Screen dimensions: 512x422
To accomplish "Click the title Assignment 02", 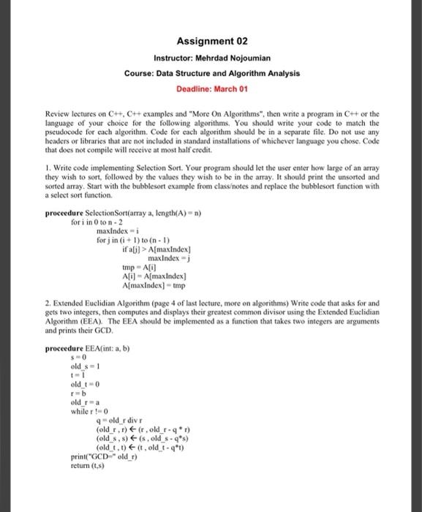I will coord(211,42).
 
